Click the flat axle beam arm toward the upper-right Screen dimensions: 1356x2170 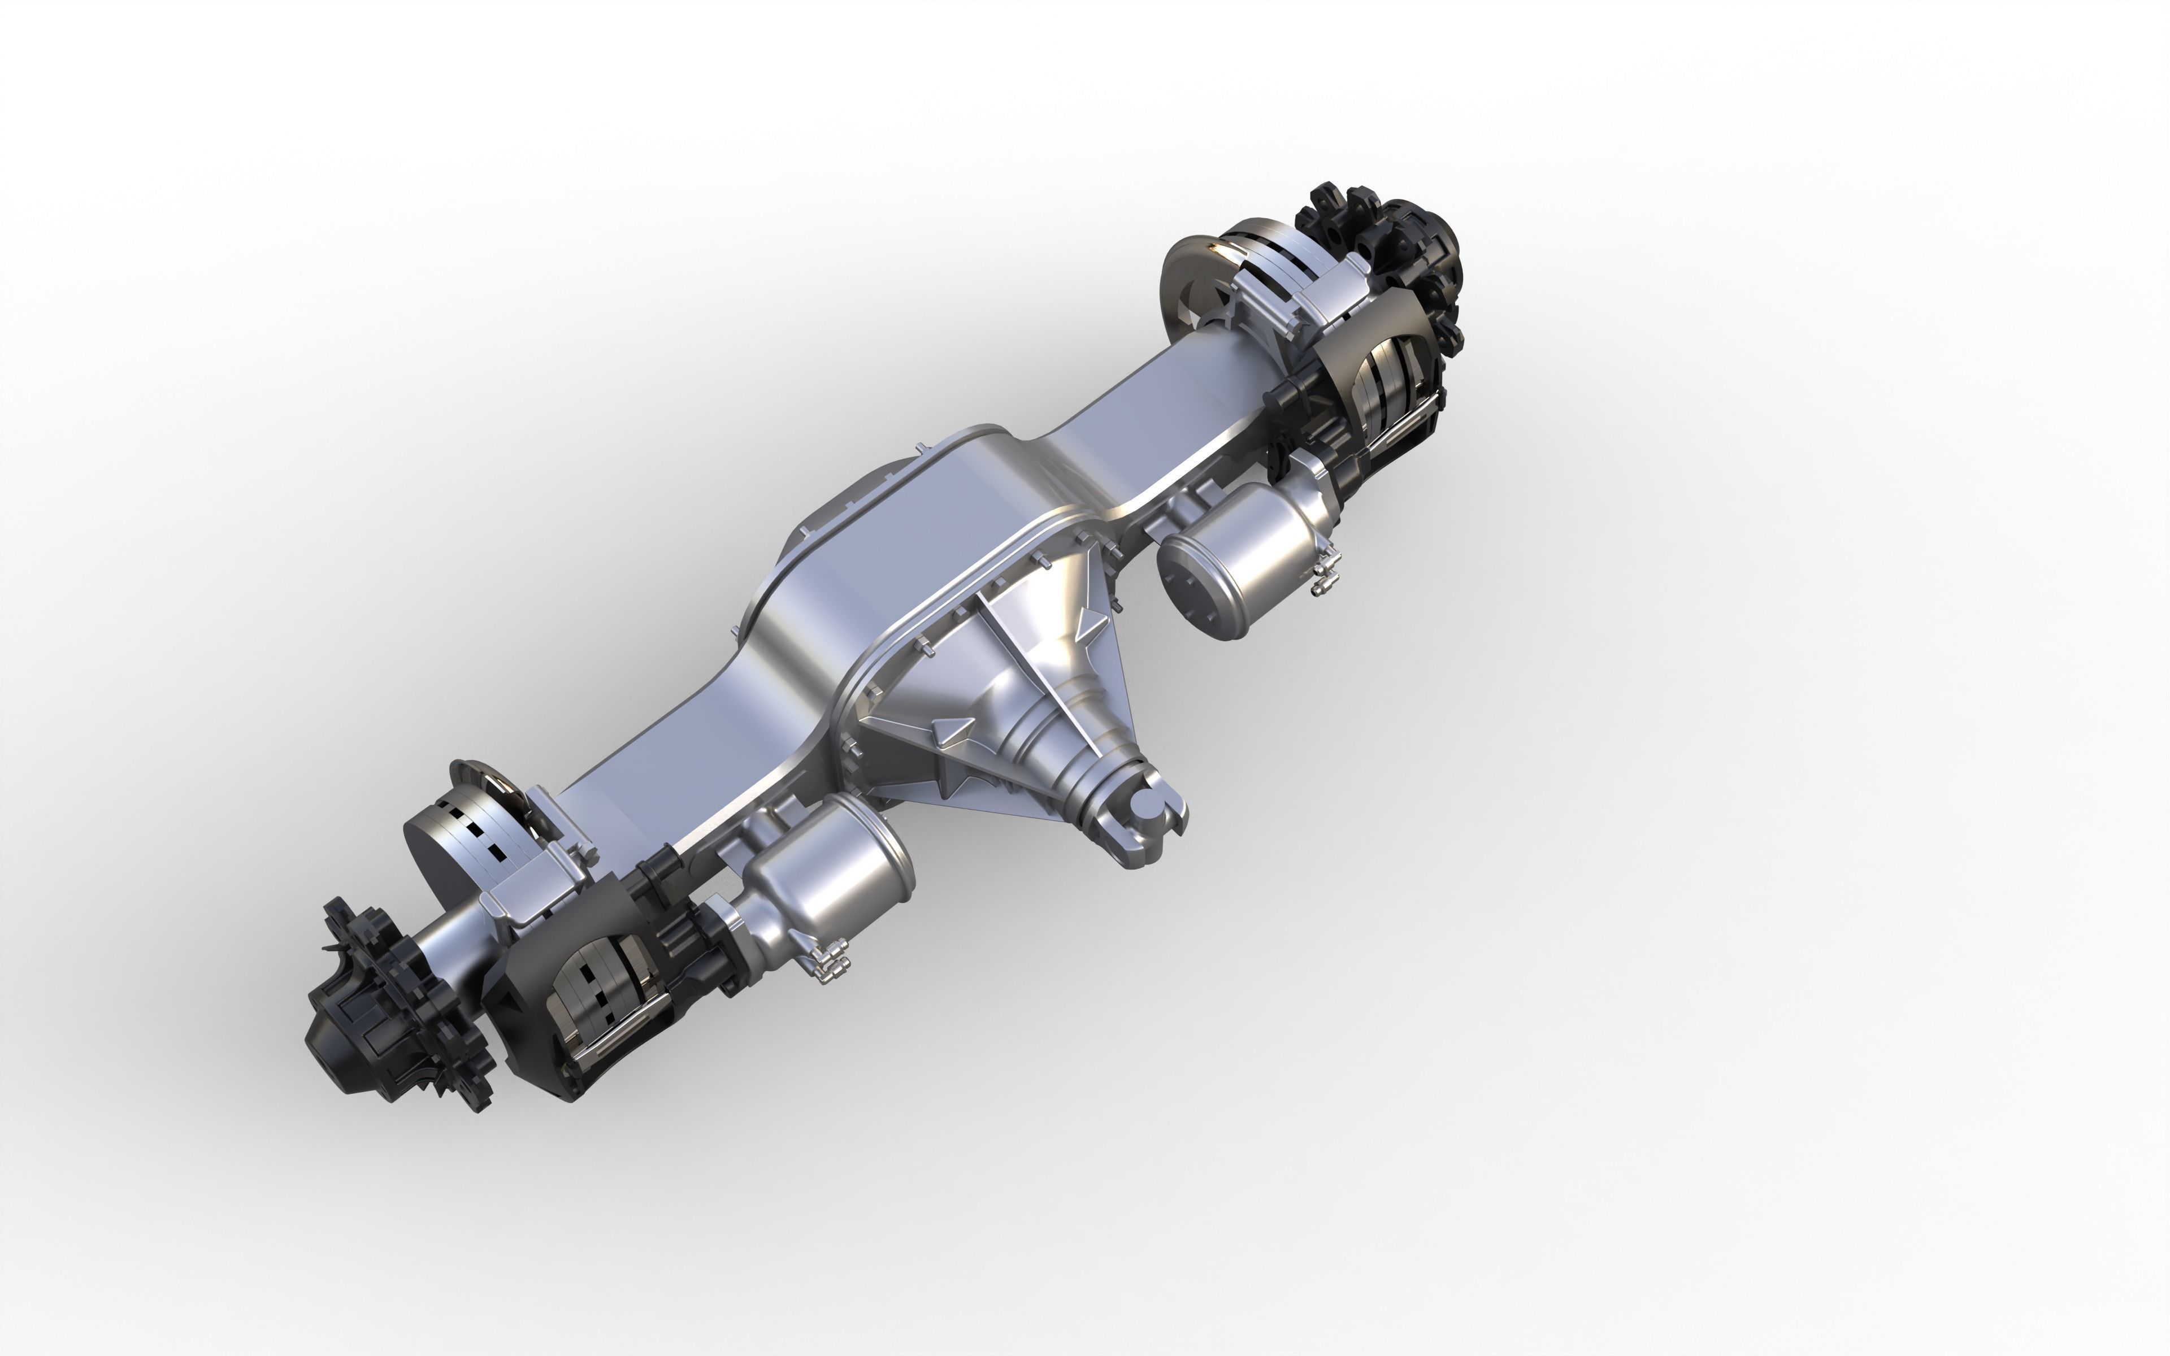click(x=1157, y=394)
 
